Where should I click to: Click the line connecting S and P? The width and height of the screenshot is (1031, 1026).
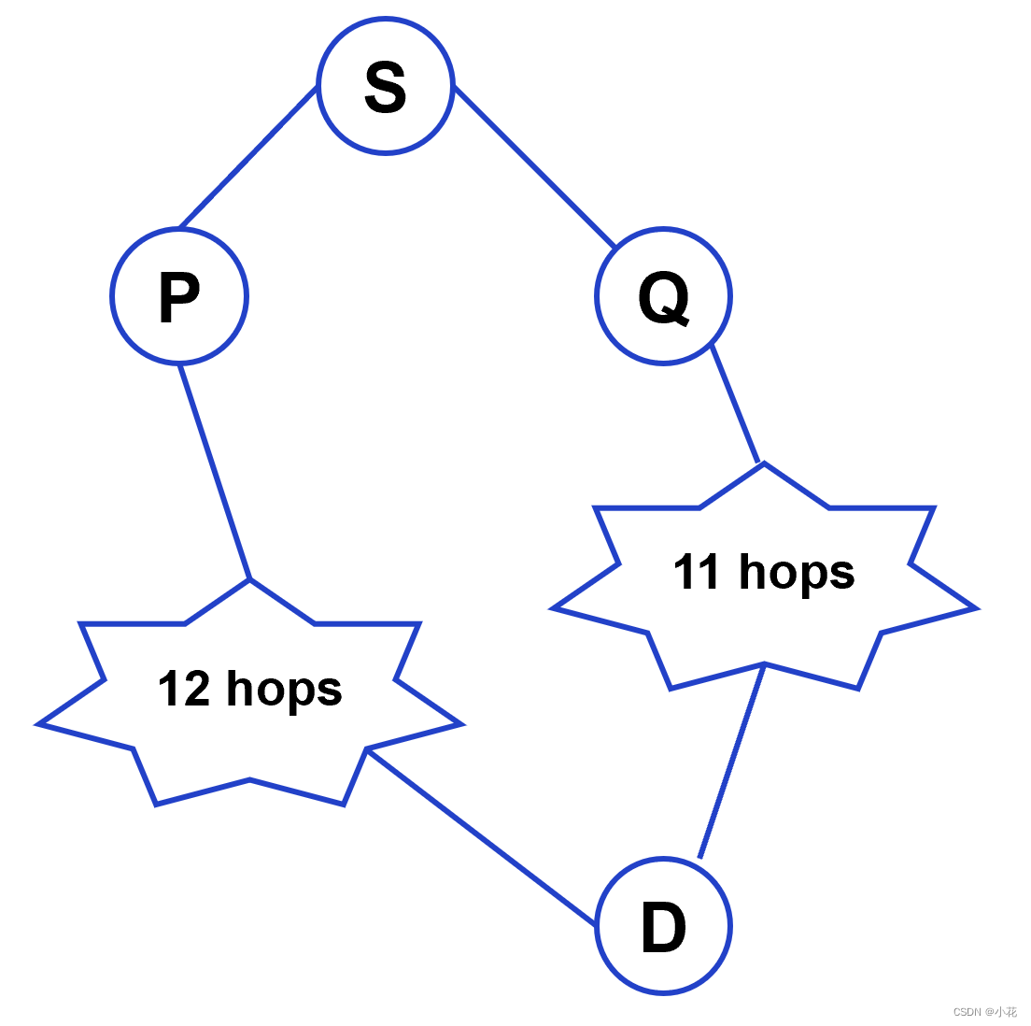coord(247,158)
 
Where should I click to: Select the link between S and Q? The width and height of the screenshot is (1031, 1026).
coord(535,167)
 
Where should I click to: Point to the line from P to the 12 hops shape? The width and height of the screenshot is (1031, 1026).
coord(215,472)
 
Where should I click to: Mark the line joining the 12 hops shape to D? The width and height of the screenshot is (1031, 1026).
coord(481,837)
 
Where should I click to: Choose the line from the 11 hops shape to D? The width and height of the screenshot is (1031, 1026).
coord(732,760)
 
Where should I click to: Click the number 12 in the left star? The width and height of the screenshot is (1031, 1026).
coord(184,689)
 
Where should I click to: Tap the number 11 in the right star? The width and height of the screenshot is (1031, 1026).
coord(697,572)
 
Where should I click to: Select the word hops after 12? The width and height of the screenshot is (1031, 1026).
coord(284,691)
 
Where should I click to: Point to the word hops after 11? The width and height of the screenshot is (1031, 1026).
coord(797,573)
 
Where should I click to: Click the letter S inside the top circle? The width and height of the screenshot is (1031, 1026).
coord(385,87)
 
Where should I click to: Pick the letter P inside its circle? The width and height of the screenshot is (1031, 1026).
coord(179,297)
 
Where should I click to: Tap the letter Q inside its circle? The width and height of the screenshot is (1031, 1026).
coord(663,299)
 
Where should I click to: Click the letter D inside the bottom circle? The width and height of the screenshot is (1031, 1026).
coord(663,928)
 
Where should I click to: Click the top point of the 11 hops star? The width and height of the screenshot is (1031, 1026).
coord(764,464)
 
